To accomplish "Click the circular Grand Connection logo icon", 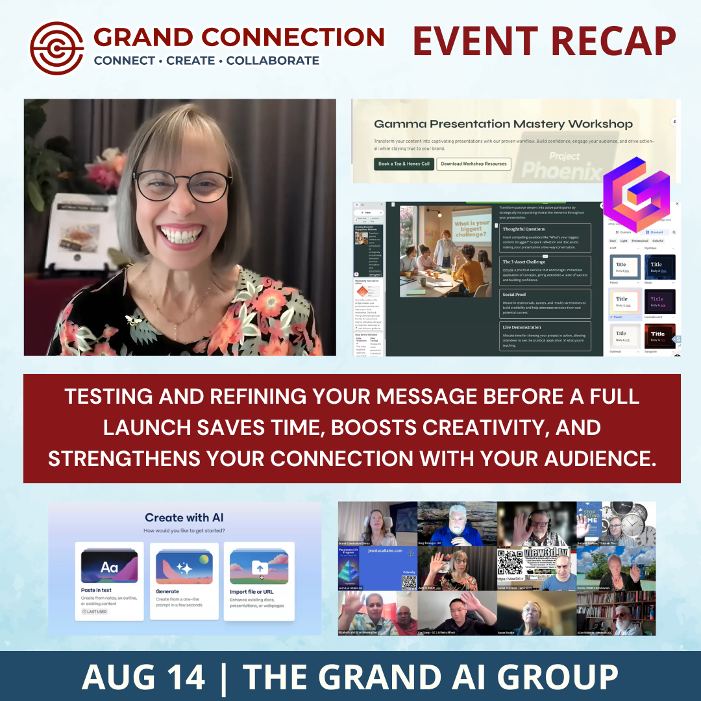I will coord(57,48).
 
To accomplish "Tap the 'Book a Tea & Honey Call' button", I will coord(403,164).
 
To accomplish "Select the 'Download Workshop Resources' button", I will coord(474,164).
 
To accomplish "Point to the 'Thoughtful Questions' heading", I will coord(524,229).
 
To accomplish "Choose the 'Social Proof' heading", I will coord(514,294).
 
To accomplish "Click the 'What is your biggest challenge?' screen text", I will coord(471,228).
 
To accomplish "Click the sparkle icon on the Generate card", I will coord(184,567).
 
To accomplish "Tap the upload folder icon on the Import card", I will coord(258,569).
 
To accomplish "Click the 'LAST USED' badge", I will coord(95,611).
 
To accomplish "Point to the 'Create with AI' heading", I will coord(184,517).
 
